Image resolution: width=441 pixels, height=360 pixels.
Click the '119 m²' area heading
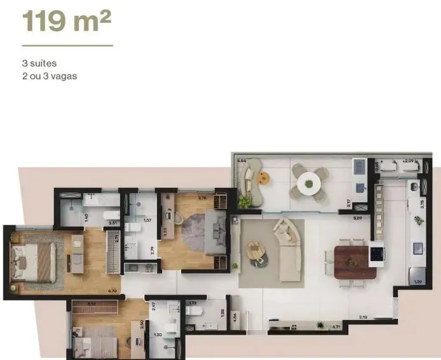pyautogui.click(x=67, y=21)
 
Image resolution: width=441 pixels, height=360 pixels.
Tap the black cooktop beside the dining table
pyautogui.click(x=377, y=253)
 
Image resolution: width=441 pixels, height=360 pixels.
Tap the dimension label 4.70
pyautogui.click(x=112, y=291)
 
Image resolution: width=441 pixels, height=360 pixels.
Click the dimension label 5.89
pyautogui.click(x=358, y=218)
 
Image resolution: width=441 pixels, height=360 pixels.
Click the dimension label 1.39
pyautogui.click(x=417, y=281)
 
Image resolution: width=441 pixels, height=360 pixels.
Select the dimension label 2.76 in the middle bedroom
pyautogui.click(x=202, y=197)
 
